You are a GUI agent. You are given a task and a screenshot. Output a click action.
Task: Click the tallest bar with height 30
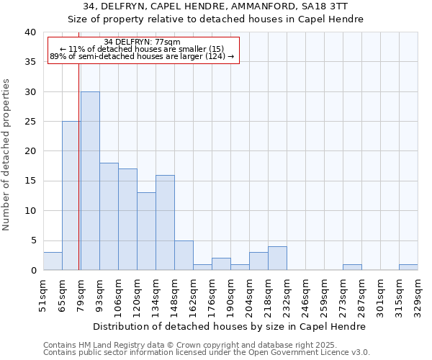(x=90, y=181)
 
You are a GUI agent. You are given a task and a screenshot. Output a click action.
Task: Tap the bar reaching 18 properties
(x=109, y=216)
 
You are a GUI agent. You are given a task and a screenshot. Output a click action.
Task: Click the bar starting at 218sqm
(x=277, y=258)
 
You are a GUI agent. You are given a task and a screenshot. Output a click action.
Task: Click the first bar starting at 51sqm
(x=53, y=261)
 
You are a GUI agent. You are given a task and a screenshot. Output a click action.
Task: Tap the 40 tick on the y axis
(x=30, y=32)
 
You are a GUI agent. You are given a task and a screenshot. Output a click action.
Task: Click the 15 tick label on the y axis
(x=30, y=181)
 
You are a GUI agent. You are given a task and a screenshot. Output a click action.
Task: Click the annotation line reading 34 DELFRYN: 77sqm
(x=142, y=42)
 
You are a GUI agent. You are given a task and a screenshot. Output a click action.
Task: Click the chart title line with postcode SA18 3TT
(x=216, y=6)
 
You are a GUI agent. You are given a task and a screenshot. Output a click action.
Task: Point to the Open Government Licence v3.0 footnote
(x=207, y=353)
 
